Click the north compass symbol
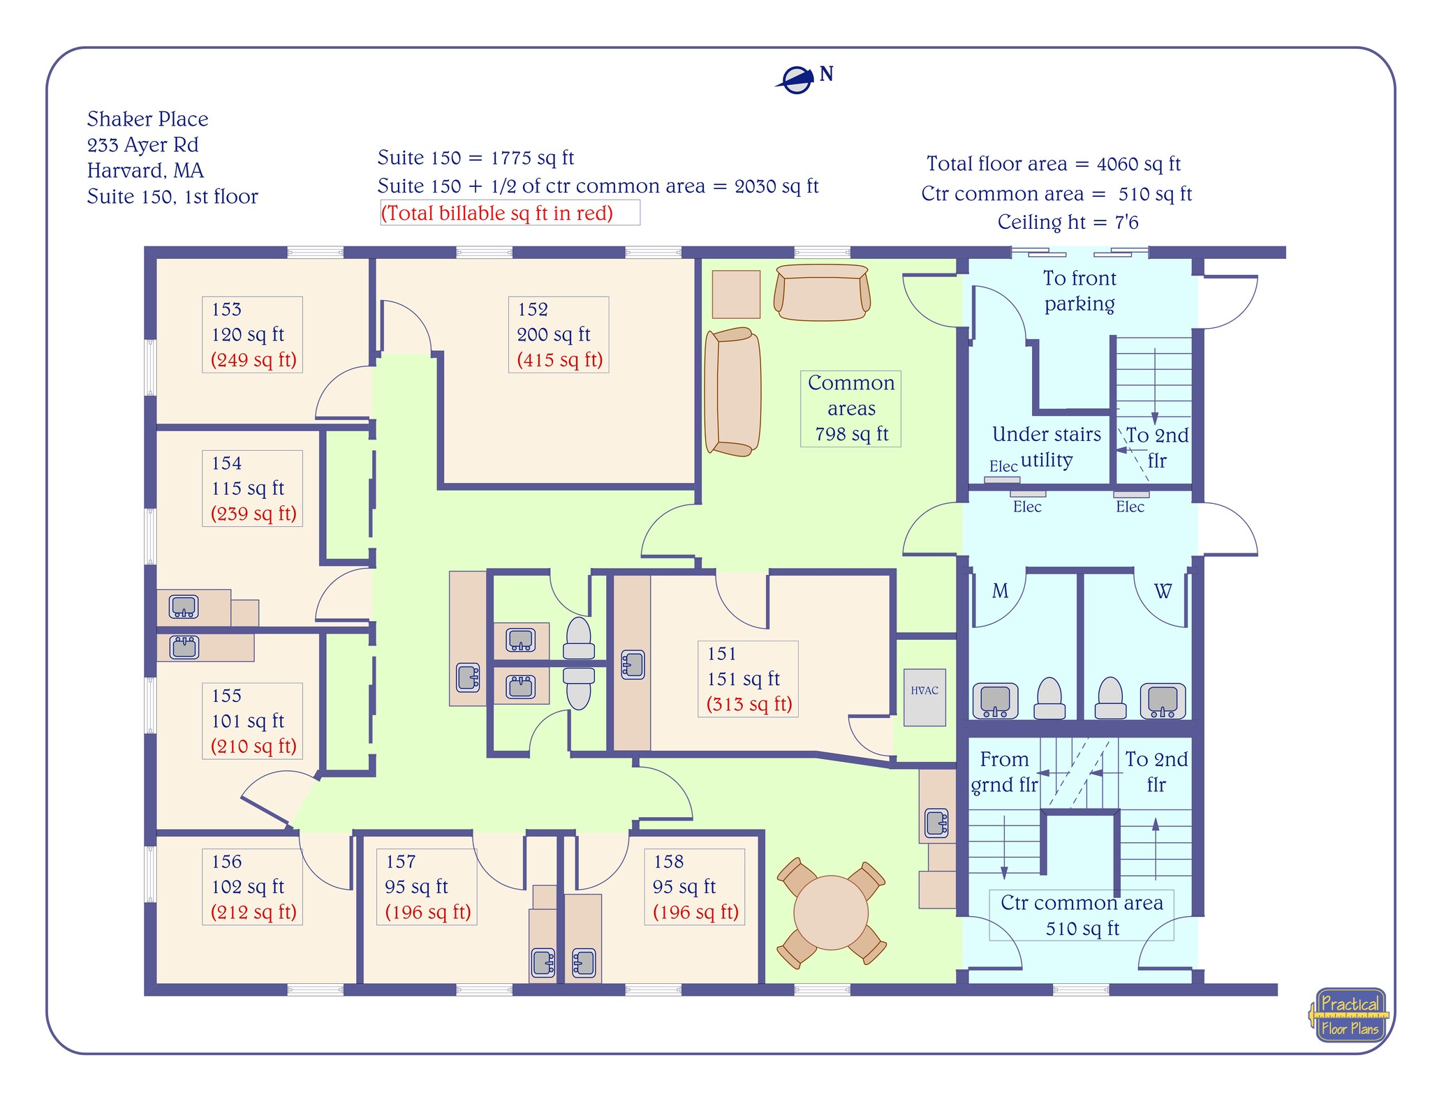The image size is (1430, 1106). [x=797, y=80]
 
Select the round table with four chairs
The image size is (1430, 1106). [x=831, y=912]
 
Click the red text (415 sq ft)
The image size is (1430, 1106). [x=559, y=360]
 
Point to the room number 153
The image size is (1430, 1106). [x=226, y=309]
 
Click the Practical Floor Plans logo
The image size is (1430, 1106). [x=1350, y=1015]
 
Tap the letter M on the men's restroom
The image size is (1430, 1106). [x=1000, y=591]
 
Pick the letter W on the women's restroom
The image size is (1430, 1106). [x=1162, y=591]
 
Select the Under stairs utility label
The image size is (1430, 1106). [x=1046, y=447]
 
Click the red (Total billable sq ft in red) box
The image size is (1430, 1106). [x=510, y=213]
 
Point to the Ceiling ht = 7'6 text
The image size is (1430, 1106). [x=1068, y=222]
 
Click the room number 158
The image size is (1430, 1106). [x=668, y=862]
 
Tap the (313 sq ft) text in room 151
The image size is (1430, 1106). [x=749, y=704]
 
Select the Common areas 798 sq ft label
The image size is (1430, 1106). [x=850, y=408]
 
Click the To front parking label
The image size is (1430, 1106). [x=1079, y=290]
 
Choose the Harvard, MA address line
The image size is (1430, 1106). [x=145, y=170]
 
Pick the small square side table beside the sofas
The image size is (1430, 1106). [x=736, y=294]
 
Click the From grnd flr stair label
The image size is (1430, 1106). [x=1004, y=771]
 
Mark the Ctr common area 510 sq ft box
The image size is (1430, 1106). [x=1082, y=915]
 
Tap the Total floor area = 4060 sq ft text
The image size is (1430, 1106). [x=1053, y=164]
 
